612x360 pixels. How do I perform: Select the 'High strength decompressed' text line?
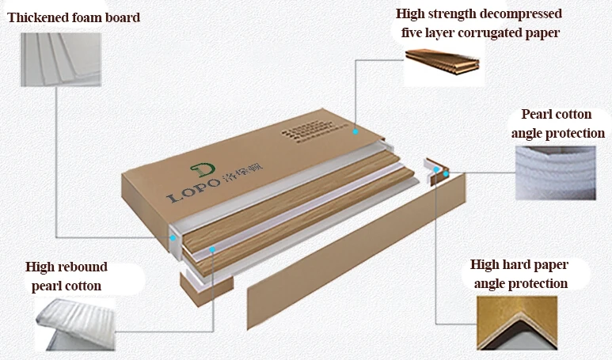tap(479, 14)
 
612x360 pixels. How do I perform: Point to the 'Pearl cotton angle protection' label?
tap(557, 124)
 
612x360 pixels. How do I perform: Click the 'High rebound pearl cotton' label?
tap(67, 276)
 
